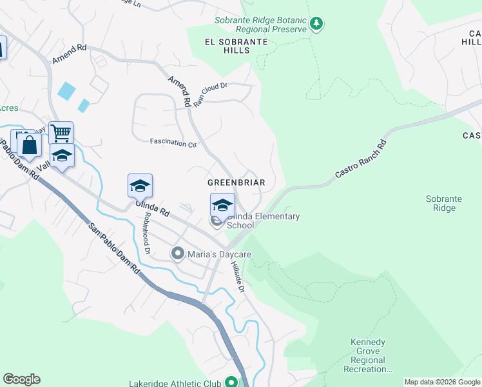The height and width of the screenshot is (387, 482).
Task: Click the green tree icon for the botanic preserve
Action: coord(316,24)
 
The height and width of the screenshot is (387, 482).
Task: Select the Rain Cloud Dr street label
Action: coord(211,95)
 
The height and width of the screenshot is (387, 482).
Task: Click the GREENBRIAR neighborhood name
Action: coord(236,183)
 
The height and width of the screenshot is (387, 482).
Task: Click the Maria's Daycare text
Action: coord(219,255)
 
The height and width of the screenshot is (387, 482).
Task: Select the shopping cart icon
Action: coord(61,134)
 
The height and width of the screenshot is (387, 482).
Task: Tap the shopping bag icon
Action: coord(30,145)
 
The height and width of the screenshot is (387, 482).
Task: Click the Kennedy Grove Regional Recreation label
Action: coord(368,355)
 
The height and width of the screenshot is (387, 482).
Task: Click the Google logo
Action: coord(21,379)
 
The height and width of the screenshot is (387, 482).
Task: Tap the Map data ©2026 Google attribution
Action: coord(442,382)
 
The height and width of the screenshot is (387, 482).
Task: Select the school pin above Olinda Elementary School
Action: coord(222,206)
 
